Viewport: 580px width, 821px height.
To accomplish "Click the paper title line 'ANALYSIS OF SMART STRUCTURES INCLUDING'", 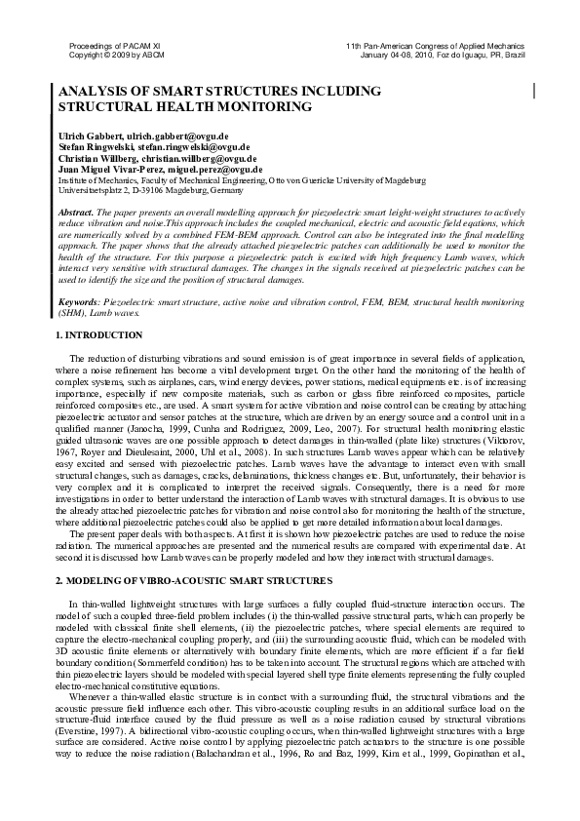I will point(219,91).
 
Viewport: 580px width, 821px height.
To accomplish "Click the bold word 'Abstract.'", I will point(77,212).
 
